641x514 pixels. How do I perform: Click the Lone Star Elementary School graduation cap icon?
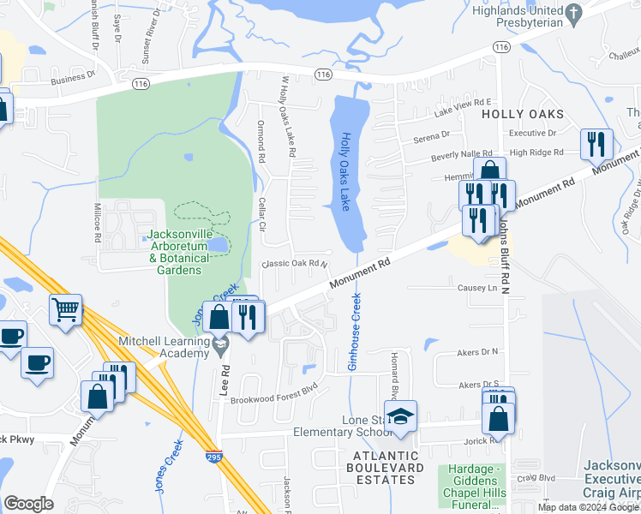[400, 416]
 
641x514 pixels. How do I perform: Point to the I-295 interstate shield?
[214, 457]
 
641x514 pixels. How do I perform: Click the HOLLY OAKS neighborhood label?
[523, 114]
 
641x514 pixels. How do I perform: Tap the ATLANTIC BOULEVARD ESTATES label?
[385, 474]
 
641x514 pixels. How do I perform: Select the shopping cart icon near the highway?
[65, 309]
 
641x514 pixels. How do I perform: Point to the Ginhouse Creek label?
[353, 331]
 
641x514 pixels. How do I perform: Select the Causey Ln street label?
[477, 289]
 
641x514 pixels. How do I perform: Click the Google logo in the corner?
[29, 503]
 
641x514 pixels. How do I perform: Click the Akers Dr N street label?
[478, 351]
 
